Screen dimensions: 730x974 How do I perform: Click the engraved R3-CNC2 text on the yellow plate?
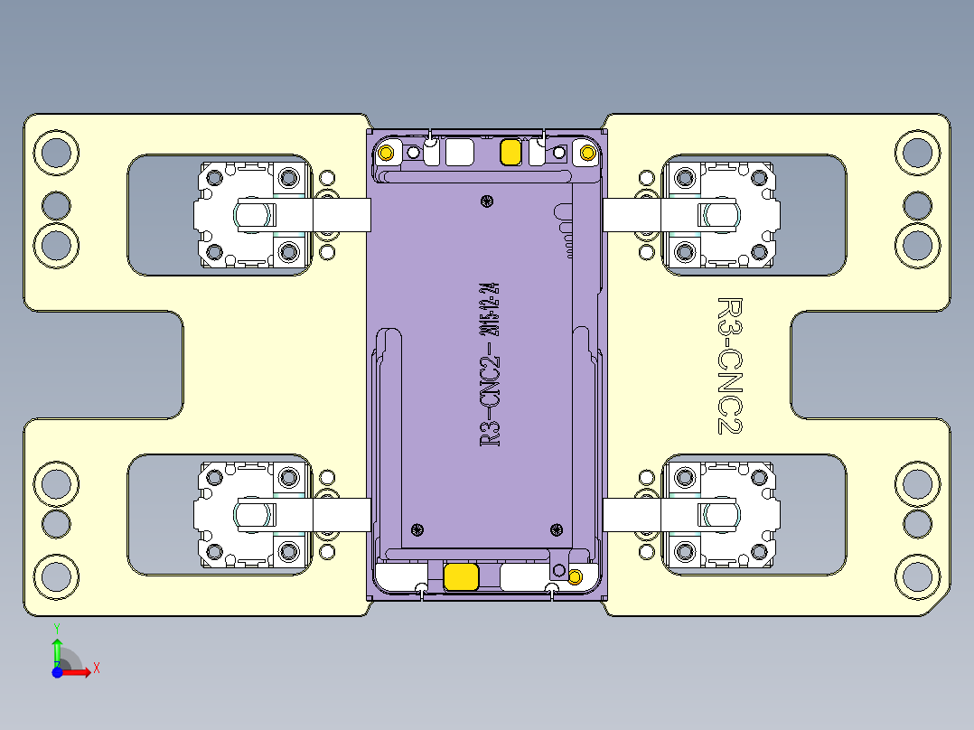click(x=728, y=365)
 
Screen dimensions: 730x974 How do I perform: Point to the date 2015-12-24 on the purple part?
click(x=492, y=306)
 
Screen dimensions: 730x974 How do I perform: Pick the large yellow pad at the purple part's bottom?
click(x=462, y=576)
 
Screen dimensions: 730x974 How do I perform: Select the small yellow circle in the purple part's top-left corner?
click(x=387, y=152)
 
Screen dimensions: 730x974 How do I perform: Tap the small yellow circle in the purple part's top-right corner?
click(x=586, y=153)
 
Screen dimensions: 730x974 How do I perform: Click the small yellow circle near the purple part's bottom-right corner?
click(x=575, y=576)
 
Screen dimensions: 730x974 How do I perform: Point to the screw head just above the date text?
click(x=489, y=201)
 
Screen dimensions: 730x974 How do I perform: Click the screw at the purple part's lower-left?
click(x=417, y=529)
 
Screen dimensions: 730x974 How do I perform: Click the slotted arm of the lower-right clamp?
click(x=717, y=515)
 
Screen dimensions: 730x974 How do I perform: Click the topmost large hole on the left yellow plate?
click(x=56, y=151)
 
